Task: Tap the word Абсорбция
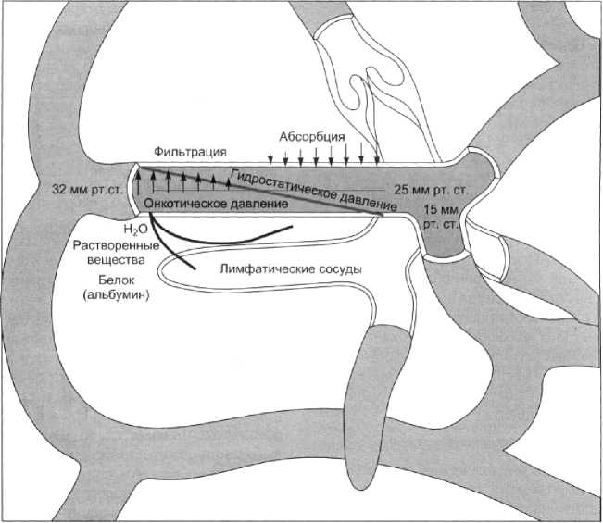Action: (308, 135)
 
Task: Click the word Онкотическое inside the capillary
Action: (184, 203)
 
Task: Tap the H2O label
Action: (135, 229)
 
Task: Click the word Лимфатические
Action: (268, 269)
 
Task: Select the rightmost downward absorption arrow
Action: (376, 152)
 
